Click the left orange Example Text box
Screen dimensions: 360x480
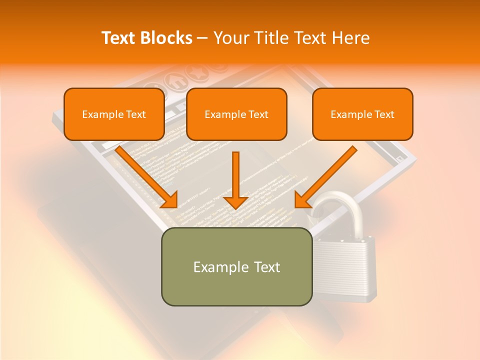click(114, 114)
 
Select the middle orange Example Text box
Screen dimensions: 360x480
click(236, 114)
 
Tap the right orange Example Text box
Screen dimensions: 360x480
click(362, 114)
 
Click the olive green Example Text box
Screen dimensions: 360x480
click(236, 266)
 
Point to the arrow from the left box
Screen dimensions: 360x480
click(145, 175)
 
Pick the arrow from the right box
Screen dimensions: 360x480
click(327, 175)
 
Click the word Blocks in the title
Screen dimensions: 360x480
click(168, 38)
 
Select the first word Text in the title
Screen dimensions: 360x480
click(120, 38)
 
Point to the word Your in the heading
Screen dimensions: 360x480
click(229, 38)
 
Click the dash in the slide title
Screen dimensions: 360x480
click(202, 38)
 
